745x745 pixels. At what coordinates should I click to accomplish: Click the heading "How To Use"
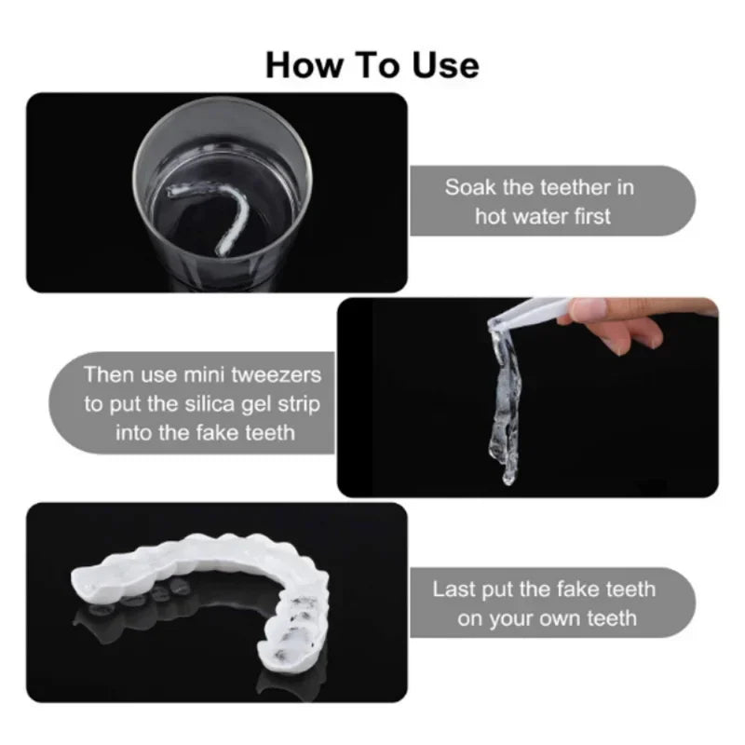click(x=372, y=65)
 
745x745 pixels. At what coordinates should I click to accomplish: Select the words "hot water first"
click(x=543, y=216)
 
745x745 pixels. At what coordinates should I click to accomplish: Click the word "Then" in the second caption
click(x=105, y=374)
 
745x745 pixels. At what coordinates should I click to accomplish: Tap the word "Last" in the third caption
click(x=454, y=589)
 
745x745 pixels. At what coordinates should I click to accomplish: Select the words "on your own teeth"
click(x=547, y=617)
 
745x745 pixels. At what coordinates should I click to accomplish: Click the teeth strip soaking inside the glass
click(x=219, y=219)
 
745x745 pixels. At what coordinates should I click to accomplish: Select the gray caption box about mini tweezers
click(x=196, y=403)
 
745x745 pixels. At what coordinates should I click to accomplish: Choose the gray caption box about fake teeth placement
click(x=549, y=603)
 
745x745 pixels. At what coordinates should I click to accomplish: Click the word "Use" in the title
click(x=445, y=65)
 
